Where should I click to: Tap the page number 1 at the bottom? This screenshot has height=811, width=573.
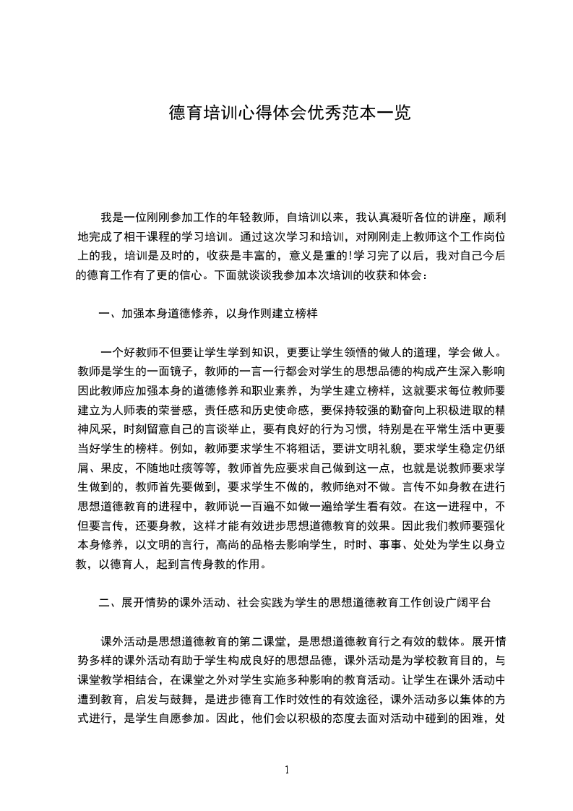(287, 769)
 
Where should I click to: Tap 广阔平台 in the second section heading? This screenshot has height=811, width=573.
(470, 601)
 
